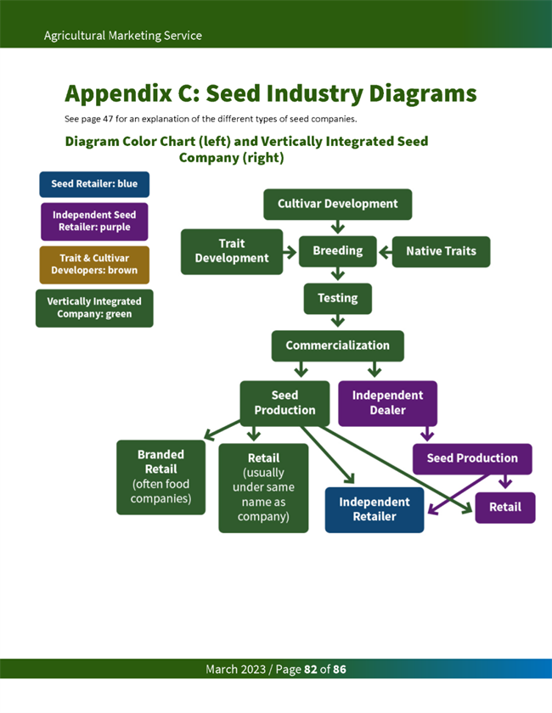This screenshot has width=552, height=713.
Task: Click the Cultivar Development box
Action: (337, 205)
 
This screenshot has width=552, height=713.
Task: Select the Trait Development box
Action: (232, 251)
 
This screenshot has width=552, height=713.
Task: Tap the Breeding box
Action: (337, 251)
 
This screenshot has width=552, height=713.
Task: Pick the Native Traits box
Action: (441, 251)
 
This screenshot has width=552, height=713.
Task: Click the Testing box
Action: (337, 299)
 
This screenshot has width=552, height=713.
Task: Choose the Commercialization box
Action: (337, 345)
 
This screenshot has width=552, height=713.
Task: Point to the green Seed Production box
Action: (284, 403)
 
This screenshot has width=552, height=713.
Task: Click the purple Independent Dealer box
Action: (387, 403)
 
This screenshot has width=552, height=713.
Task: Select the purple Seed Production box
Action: (472, 458)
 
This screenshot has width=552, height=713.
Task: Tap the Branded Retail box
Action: (161, 477)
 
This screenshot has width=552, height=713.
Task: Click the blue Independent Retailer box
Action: (374, 509)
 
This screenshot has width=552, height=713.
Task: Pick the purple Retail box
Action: (504, 508)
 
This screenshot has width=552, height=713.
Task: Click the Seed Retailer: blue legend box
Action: (94, 184)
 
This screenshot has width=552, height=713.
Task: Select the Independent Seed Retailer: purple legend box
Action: (94, 222)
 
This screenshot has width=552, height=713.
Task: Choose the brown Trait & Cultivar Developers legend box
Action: (94, 265)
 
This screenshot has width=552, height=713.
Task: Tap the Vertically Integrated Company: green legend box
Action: (94, 308)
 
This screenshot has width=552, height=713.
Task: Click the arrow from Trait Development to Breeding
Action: (290, 252)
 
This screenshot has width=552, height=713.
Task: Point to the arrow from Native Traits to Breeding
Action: (386, 252)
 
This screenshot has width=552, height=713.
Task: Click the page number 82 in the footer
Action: (311, 670)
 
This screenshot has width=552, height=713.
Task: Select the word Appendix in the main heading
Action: (119, 93)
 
